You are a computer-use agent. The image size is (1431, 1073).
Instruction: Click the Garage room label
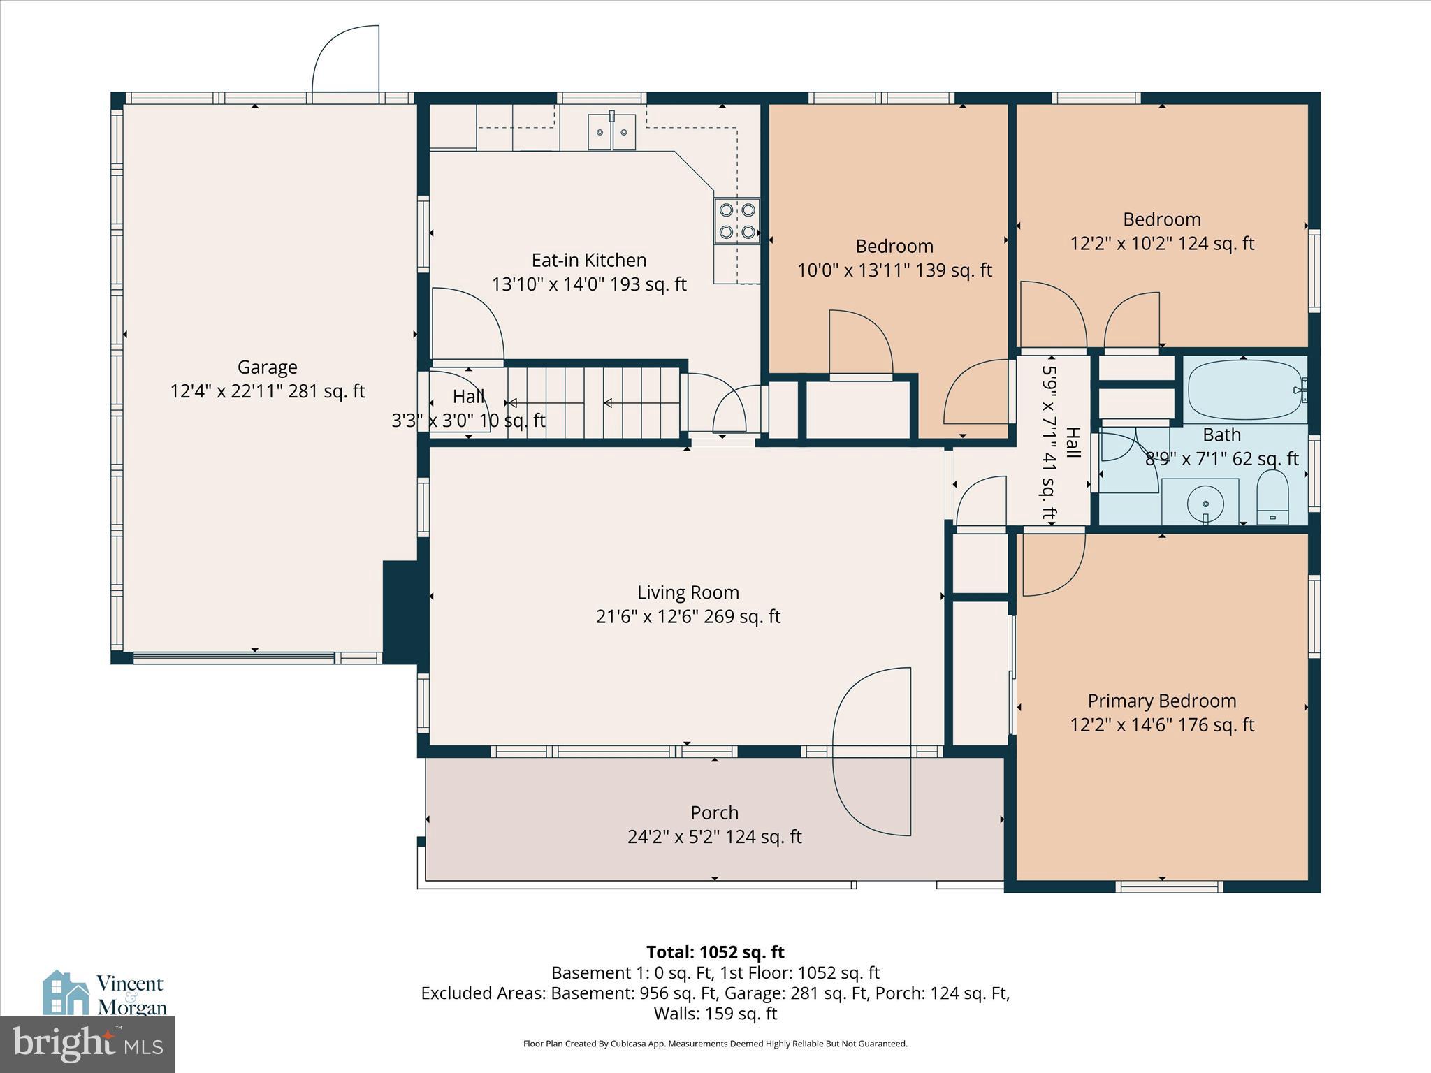[267, 367]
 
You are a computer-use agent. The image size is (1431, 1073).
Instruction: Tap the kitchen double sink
[611, 132]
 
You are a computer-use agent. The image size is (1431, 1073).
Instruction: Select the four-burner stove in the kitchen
[737, 221]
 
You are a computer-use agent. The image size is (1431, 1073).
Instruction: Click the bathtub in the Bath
[1243, 391]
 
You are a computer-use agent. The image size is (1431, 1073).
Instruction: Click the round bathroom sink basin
[1205, 502]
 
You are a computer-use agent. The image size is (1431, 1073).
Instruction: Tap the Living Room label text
[688, 592]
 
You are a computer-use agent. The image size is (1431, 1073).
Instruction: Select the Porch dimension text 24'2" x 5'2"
[714, 837]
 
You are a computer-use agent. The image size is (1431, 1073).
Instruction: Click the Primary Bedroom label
[1161, 701]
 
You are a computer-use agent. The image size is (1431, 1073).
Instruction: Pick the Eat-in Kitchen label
[588, 260]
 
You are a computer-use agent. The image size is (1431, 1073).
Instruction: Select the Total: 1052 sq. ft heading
[715, 952]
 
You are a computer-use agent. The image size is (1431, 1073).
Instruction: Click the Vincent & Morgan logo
[105, 994]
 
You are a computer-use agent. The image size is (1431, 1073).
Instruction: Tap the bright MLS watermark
[87, 1044]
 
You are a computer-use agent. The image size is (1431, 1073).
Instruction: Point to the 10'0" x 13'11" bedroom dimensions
[894, 270]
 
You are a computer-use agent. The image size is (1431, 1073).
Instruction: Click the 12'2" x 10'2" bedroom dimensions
[1161, 244]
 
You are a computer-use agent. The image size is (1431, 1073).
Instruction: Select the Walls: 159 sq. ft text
[715, 1014]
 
